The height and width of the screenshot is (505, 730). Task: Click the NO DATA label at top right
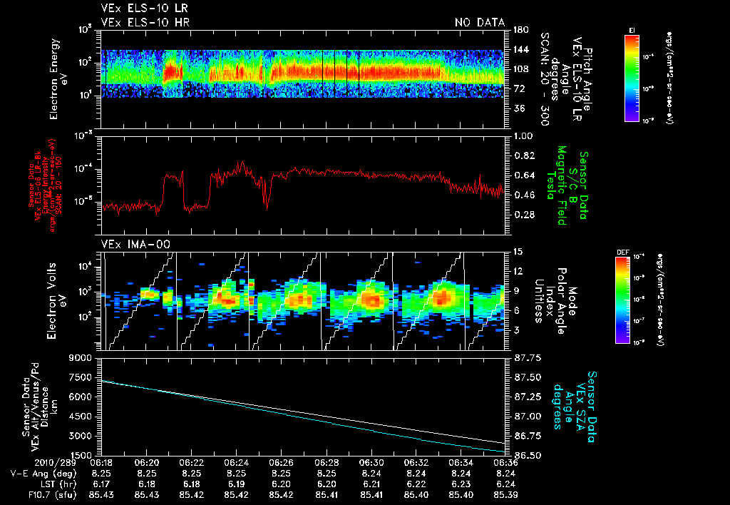(479, 23)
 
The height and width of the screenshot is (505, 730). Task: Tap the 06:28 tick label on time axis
(326, 462)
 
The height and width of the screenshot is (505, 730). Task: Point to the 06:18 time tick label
(101, 462)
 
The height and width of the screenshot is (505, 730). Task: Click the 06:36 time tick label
(506, 462)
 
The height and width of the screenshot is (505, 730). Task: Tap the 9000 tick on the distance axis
(80, 357)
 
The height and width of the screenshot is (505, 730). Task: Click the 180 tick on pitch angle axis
(520, 29)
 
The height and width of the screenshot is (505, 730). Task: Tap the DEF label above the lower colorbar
(622, 252)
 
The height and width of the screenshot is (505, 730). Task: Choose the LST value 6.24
(506, 483)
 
